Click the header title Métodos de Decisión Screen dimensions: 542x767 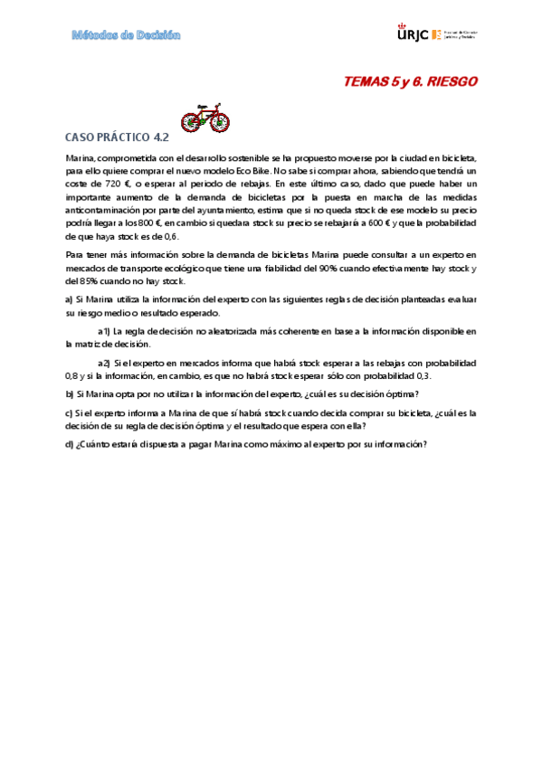(127, 35)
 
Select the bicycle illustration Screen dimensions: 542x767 (205, 118)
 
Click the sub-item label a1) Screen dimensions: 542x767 (104, 331)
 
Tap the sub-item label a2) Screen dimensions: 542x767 (104, 363)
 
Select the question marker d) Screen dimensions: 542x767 (70, 444)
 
